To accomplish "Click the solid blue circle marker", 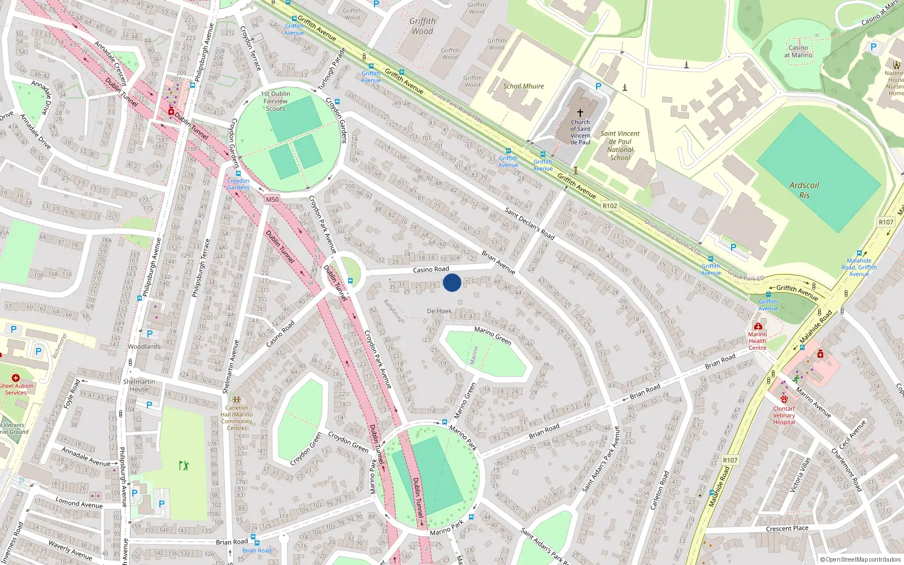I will pos(452,282).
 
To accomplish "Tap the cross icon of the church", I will pos(580,113).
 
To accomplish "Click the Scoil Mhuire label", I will pos(523,86).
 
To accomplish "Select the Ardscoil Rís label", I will pos(804,190).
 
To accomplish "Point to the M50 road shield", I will pos(272,199).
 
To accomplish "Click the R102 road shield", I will pos(610,206).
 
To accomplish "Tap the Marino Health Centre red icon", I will pos(758,326).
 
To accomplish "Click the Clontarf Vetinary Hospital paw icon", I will pos(784,399).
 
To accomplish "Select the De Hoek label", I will pos(439,311).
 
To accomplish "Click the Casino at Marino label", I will pos(798,51).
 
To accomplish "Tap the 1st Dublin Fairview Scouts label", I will pos(275,101).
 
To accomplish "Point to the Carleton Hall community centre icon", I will pos(237,399).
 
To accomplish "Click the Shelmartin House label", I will pos(139,385).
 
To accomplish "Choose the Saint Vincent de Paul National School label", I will pos(620,146).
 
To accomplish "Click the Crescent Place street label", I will pos(787,528).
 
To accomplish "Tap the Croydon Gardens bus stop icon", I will pos(238,173).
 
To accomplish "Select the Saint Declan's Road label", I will pos(529,223).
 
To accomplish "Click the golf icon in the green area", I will pos(183,466).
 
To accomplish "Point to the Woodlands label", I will pos(144,346).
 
